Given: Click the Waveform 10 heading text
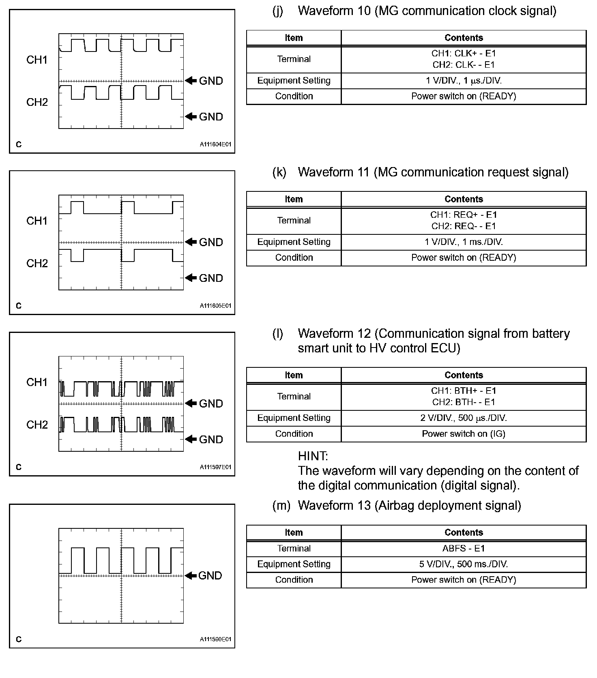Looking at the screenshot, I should click(427, 11).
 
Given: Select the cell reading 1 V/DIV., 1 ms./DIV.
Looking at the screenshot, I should click(464, 242).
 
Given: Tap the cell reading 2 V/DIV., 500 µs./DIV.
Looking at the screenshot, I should click(464, 418).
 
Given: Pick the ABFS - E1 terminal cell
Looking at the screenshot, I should click(464, 549).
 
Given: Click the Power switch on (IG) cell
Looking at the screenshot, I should click(464, 434).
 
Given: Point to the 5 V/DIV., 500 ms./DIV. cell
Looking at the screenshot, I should click(464, 564).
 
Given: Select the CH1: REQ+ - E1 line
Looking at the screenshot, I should click(464, 215).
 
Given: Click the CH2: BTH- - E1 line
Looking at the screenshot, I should click(464, 402).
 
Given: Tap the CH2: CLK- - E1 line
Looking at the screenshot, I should click(464, 65).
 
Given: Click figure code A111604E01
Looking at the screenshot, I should click(215, 144).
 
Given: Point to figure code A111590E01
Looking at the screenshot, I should click(215, 639).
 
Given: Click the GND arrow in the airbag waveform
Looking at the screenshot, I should click(191, 575).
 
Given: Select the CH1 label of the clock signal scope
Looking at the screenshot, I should click(37, 60).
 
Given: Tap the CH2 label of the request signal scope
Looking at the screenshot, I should click(37, 264).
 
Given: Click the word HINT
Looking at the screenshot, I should click(313, 456).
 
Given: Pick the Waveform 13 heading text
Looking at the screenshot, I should click(409, 506).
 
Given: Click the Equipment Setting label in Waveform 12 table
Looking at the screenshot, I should click(294, 418).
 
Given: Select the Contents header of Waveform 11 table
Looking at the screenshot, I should click(464, 199).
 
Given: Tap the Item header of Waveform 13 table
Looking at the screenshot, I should click(294, 532).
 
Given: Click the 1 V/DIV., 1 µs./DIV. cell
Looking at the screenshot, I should click(464, 81).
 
